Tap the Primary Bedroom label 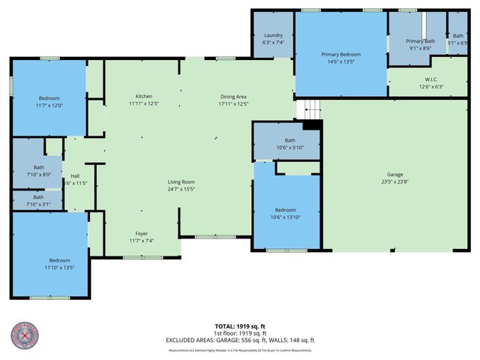click(341, 55)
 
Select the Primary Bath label click(420, 40)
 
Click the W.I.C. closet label click(430, 79)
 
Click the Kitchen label click(144, 97)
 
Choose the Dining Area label click(233, 97)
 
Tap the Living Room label click(181, 182)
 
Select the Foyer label click(141, 233)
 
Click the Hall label click(75, 176)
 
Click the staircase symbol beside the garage click(308, 109)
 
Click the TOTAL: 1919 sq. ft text click(240, 326)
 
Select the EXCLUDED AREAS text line click(240, 340)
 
